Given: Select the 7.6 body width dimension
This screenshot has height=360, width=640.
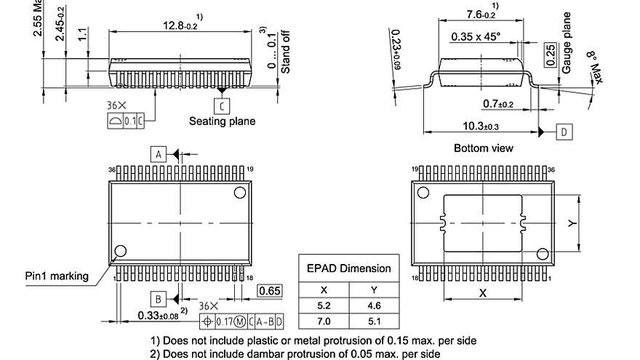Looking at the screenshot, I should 481,14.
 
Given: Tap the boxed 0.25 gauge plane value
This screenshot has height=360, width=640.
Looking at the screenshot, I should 550,51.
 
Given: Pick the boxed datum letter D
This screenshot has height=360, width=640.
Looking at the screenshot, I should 564,132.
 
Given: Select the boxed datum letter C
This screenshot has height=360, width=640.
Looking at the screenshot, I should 222,104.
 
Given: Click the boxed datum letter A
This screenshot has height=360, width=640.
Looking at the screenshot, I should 158,153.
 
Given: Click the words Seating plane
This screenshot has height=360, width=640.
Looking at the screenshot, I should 222,121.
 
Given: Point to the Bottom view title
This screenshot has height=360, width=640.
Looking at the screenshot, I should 483,148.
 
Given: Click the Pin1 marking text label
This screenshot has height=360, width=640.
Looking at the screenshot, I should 57,276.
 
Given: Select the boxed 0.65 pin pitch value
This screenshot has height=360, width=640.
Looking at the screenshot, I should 268,292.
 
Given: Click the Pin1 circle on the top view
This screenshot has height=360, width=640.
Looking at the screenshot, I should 120,250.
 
